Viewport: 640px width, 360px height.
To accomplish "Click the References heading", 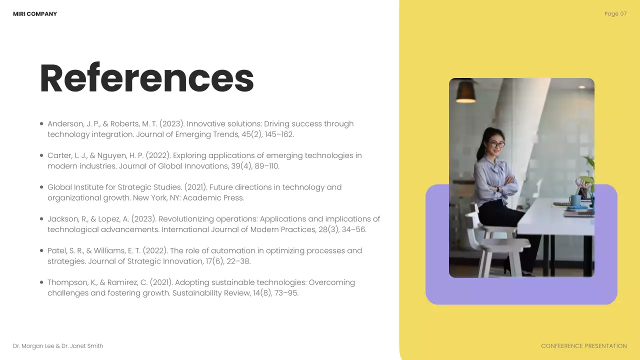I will coord(146,78).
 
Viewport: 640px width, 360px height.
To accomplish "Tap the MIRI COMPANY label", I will coord(35,14).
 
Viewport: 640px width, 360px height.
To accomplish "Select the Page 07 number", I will coord(615,14).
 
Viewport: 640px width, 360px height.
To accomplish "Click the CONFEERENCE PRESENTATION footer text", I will coord(583,346).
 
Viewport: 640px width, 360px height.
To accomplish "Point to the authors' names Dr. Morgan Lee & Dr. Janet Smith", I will coord(58,346).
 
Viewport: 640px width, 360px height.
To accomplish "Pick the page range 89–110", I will coord(266,166).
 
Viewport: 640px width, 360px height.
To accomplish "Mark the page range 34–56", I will coord(353,229).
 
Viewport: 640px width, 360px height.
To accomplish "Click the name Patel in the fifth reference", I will coord(56,250).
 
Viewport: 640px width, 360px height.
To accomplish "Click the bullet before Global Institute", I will coord(41,187).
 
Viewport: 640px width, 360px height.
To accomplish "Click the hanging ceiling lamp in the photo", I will coord(465,91).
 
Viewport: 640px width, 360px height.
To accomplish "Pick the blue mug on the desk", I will coord(575,200).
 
